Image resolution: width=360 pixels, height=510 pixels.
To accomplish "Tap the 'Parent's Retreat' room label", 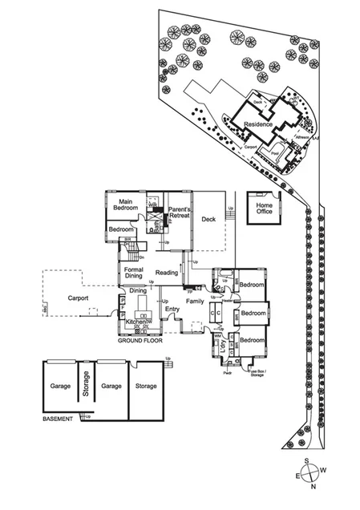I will pyautogui.click(x=178, y=214).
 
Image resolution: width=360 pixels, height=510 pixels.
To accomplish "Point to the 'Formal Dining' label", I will pyautogui.click(x=133, y=273).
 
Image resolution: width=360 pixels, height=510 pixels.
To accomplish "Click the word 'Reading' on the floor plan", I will pyautogui.click(x=167, y=273).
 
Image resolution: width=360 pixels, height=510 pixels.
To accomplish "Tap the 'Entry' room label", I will pyautogui.click(x=172, y=309).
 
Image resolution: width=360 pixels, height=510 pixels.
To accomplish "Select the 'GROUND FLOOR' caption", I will pyautogui.click(x=140, y=341).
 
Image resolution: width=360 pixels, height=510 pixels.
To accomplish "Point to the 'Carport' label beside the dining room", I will pyautogui.click(x=78, y=298).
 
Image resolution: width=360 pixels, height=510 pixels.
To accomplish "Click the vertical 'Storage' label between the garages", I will pyautogui.click(x=84, y=387).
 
